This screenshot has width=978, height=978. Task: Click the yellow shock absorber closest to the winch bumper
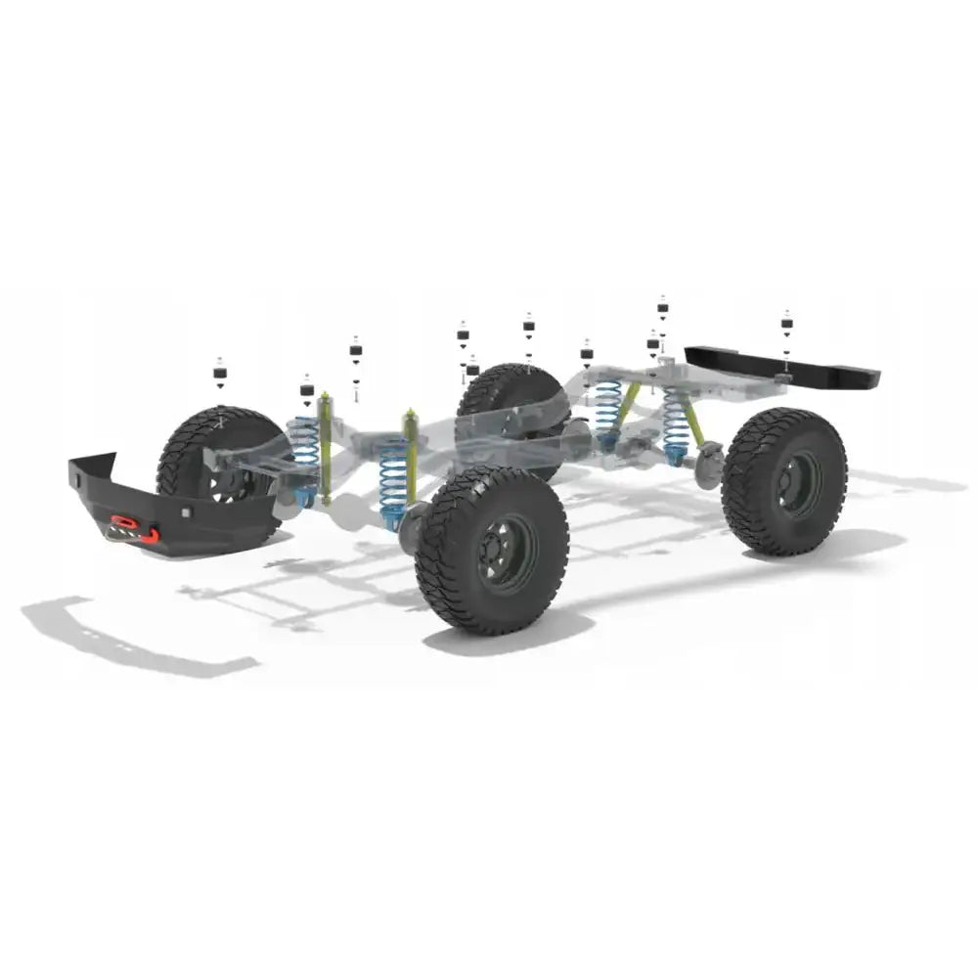[325, 445]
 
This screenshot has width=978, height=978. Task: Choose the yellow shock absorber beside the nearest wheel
[412, 455]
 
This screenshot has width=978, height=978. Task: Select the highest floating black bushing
[662, 308]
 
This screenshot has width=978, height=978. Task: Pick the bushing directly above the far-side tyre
[528, 327]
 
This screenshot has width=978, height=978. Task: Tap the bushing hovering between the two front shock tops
[356, 352]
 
